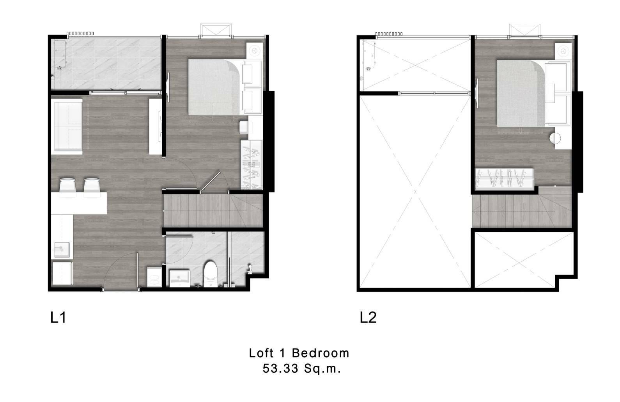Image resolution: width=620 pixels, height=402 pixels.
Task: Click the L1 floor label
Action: tap(58, 317)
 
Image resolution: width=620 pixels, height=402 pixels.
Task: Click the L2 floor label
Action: tap(368, 317)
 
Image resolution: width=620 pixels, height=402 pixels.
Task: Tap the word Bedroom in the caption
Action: tap(321, 353)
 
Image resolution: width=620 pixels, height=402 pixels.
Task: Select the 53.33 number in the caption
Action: tap(280, 369)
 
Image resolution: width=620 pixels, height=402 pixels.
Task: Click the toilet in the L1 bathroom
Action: tap(211, 274)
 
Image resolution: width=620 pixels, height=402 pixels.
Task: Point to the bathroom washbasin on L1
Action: tap(179, 278)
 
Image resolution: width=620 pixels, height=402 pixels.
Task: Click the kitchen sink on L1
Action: tap(62, 250)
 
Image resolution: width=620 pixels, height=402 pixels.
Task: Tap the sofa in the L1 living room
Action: tap(67, 126)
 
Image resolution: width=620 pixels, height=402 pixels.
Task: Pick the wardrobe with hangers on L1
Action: tap(252, 165)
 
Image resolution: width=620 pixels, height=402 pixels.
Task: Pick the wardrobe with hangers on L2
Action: tap(504, 179)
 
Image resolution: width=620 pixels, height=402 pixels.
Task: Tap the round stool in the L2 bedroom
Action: tap(555, 138)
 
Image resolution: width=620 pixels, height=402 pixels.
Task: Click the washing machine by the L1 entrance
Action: tap(154, 277)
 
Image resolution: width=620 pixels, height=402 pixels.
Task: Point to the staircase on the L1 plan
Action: tap(213, 210)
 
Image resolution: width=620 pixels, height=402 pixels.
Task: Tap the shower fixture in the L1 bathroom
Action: tap(250, 269)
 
